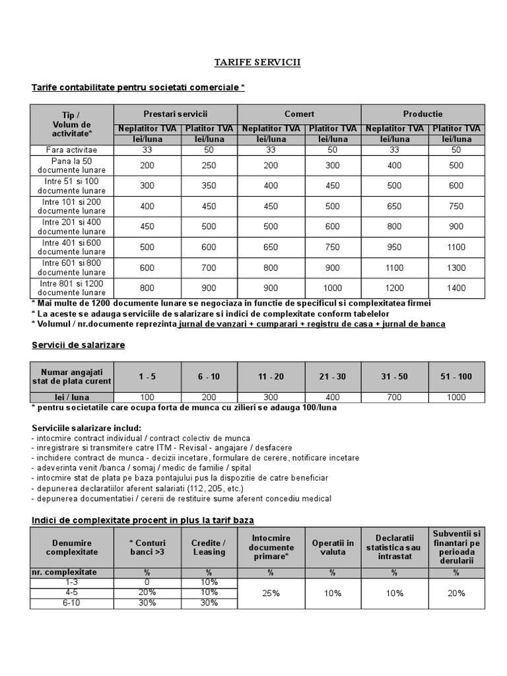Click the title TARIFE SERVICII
[x=257, y=62]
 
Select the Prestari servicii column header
[x=180, y=114]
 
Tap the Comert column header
[x=299, y=114]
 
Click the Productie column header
[x=422, y=114]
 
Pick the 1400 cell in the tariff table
[x=456, y=288]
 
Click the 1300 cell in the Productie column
[x=456, y=268]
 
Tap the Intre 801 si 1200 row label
[x=71, y=288]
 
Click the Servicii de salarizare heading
[x=79, y=345]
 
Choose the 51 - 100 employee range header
[x=456, y=376]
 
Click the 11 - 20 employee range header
[x=271, y=376]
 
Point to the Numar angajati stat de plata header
[x=72, y=376]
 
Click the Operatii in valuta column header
[x=333, y=547]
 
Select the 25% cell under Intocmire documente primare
[x=271, y=593]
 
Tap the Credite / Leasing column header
[x=209, y=547]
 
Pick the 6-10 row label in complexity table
[x=71, y=603]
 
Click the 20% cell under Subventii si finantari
[x=456, y=593]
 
